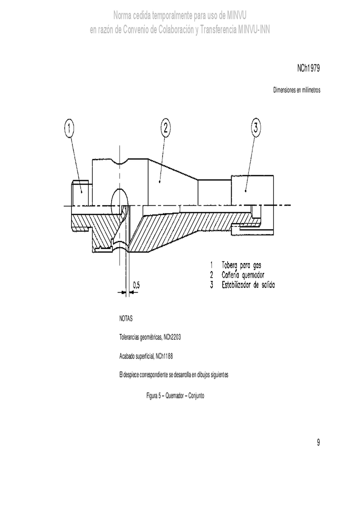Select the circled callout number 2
pyautogui.click(x=165, y=127)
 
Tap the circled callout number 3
pyautogui.click(x=256, y=127)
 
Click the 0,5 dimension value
pyautogui.click(x=137, y=285)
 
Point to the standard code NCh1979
pyautogui.click(x=308, y=68)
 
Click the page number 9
pyautogui.click(x=318, y=442)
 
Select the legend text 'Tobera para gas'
pyautogui.click(x=242, y=265)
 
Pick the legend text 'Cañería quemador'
pyautogui.click(x=243, y=275)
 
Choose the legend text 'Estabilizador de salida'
pyautogui.click(x=248, y=285)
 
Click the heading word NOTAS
pyautogui.click(x=126, y=319)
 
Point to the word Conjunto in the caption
pyautogui.click(x=196, y=396)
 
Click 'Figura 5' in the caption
pyautogui.click(x=153, y=396)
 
